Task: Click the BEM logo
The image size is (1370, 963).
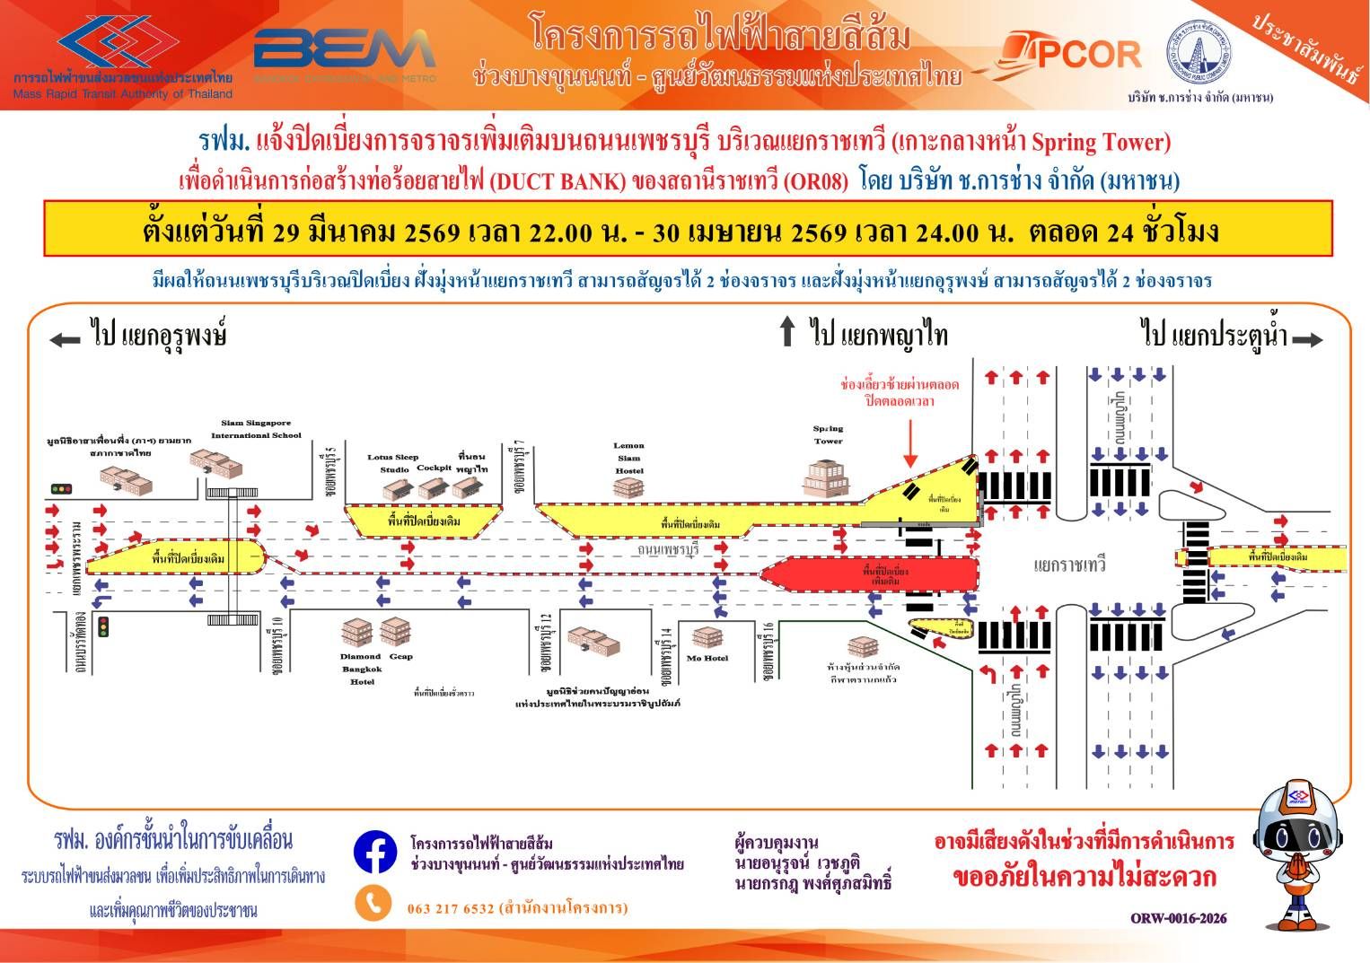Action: pos(345,52)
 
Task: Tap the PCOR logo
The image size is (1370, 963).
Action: pos(1064,54)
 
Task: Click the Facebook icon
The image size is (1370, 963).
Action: pos(375,853)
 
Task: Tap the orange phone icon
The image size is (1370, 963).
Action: pos(373,904)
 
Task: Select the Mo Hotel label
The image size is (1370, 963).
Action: pos(708,658)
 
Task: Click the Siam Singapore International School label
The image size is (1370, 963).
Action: pos(257,429)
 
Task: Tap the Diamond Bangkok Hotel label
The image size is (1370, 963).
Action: pos(362,669)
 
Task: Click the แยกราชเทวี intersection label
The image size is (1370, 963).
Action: pos(1069,565)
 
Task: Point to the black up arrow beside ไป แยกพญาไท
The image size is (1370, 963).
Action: pos(787,331)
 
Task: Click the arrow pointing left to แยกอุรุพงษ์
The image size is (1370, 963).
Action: pos(65,339)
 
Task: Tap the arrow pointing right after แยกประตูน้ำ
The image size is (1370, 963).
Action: pos(1310,339)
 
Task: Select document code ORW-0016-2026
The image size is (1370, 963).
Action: pos(1178,918)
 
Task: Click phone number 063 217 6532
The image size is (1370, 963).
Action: pos(450,908)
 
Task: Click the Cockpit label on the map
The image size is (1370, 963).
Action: pos(435,468)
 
